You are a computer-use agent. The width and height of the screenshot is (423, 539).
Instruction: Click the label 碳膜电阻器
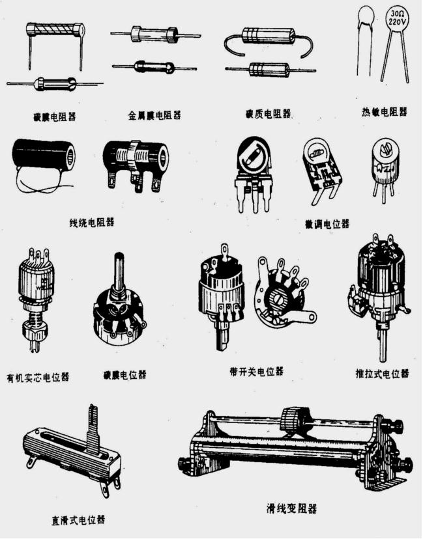55,118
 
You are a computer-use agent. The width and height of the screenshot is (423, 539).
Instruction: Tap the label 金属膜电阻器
154,115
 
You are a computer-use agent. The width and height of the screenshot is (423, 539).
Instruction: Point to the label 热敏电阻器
384,112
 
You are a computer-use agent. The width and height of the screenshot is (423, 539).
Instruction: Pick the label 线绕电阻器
91,221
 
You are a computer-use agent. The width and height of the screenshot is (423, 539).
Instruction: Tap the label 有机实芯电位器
38,377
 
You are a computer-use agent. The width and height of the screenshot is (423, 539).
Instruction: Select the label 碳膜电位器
124,375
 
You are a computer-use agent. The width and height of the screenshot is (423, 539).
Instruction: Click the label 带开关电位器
256,372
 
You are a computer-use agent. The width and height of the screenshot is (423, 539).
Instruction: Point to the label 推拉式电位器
382,374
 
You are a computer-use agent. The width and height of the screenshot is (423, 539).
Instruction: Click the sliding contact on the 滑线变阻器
295,419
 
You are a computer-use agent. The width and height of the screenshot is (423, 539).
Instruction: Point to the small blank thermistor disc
366,14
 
